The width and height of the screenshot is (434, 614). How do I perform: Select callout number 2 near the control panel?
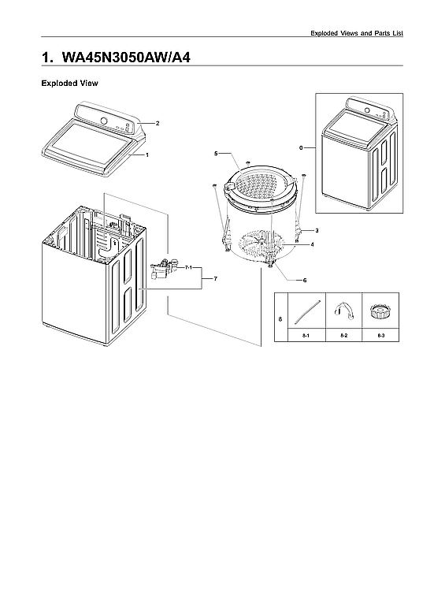point(158,124)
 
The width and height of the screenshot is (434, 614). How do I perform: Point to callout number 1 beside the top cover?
point(147,155)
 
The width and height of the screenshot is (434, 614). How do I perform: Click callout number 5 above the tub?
point(216,152)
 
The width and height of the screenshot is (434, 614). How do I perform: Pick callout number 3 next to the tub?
point(316,229)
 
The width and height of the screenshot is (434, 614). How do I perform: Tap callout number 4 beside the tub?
point(312,244)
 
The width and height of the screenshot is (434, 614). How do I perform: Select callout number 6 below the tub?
point(305,280)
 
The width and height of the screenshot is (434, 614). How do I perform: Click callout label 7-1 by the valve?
point(189,269)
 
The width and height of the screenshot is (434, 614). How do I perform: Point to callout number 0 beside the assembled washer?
point(301,147)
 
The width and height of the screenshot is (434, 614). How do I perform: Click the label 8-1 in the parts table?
point(306,337)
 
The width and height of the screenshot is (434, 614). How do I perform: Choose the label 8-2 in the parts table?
point(343,337)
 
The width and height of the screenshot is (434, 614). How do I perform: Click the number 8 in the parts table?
point(280,318)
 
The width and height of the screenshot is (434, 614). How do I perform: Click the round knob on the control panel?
point(104,121)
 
